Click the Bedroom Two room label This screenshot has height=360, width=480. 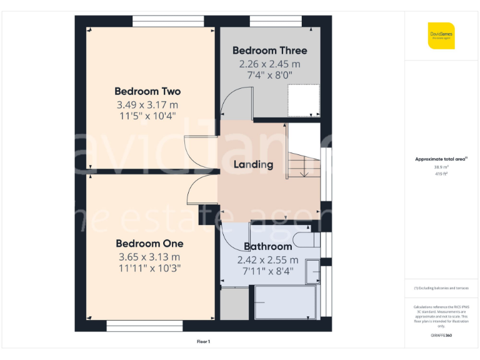pyautogui.click(x=147, y=92)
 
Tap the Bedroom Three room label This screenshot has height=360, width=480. pyautogui.click(x=270, y=51)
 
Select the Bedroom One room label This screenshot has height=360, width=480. pyautogui.click(x=149, y=244)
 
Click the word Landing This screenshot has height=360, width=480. pyautogui.click(x=253, y=165)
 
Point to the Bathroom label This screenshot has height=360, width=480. pyautogui.click(x=267, y=247)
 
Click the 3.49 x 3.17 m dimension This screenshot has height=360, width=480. pyautogui.click(x=147, y=105)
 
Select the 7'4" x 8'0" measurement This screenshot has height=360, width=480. pyautogui.click(x=270, y=76)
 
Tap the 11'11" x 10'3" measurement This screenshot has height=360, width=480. pyautogui.click(x=149, y=269)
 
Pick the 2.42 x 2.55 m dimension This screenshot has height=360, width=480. pyautogui.click(x=267, y=260)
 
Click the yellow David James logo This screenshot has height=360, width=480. pyautogui.click(x=441, y=36)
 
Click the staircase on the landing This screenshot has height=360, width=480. pyautogui.click(x=302, y=163)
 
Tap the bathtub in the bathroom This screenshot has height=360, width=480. pyautogui.click(x=286, y=302)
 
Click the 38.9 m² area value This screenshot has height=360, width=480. pyautogui.click(x=441, y=167)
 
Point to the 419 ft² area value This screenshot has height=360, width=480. pyautogui.click(x=441, y=174)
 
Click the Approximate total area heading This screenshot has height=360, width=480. pyautogui.click(x=441, y=159)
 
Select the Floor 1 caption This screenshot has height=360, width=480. pyautogui.click(x=204, y=342)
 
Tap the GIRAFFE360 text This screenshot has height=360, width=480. pyautogui.click(x=441, y=336)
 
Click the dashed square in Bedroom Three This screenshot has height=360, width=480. pyautogui.click(x=301, y=99)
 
